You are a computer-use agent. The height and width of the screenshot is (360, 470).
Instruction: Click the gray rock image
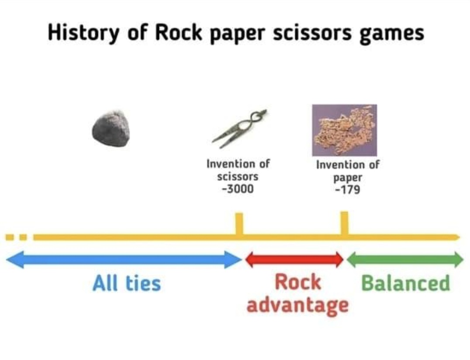point(111,128)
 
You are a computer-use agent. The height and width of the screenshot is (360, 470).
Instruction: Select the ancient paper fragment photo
point(344,130)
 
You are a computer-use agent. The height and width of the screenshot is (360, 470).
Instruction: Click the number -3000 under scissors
point(238,190)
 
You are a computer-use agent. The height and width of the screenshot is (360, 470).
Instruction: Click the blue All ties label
point(127,283)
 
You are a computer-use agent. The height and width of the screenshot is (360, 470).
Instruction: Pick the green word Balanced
point(405,283)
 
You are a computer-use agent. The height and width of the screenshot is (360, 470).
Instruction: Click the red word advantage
point(297,305)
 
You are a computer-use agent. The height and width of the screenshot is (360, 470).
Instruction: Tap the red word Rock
point(297,282)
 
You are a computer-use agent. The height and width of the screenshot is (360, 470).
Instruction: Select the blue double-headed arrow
point(124,260)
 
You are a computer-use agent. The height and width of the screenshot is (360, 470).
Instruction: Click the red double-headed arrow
point(294,260)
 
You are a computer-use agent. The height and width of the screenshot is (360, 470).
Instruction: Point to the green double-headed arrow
point(405,260)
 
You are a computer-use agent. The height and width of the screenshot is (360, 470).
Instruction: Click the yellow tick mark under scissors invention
point(239,224)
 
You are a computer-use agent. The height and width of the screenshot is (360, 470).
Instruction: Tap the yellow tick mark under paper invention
point(345,223)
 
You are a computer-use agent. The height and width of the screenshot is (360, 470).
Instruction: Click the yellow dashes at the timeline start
point(17,237)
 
